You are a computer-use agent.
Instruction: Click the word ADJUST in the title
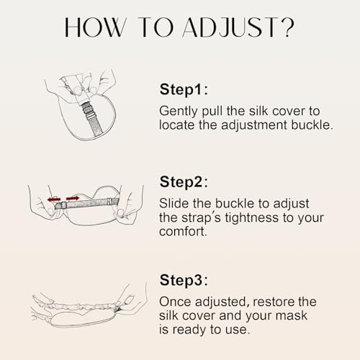(x=230, y=27)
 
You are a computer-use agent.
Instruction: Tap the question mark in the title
(x=287, y=27)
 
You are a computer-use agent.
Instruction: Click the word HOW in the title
(x=95, y=27)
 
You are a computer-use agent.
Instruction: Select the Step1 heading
(x=184, y=89)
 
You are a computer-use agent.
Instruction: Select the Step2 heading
(x=184, y=181)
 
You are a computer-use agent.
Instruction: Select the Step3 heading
(x=184, y=280)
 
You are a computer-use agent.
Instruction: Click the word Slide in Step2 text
(x=174, y=203)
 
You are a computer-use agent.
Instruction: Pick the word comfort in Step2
(x=183, y=232)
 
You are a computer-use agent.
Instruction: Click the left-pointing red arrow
(x=53, y=199)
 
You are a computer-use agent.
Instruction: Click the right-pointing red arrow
(x=73, y=199)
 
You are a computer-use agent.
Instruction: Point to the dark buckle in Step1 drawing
(x=89, y=111)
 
